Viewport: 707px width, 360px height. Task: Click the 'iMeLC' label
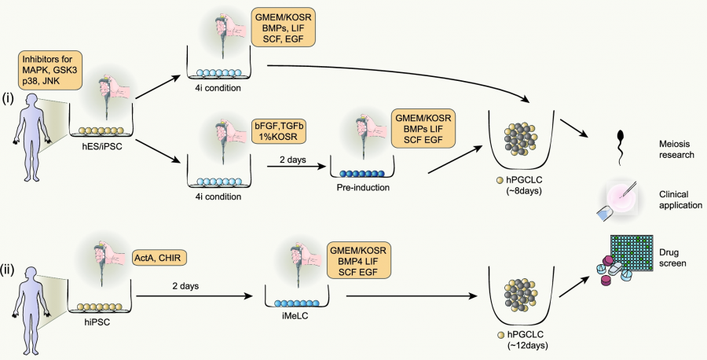[x=302, y=321]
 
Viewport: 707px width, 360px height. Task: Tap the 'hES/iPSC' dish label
[x=104, y=145]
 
